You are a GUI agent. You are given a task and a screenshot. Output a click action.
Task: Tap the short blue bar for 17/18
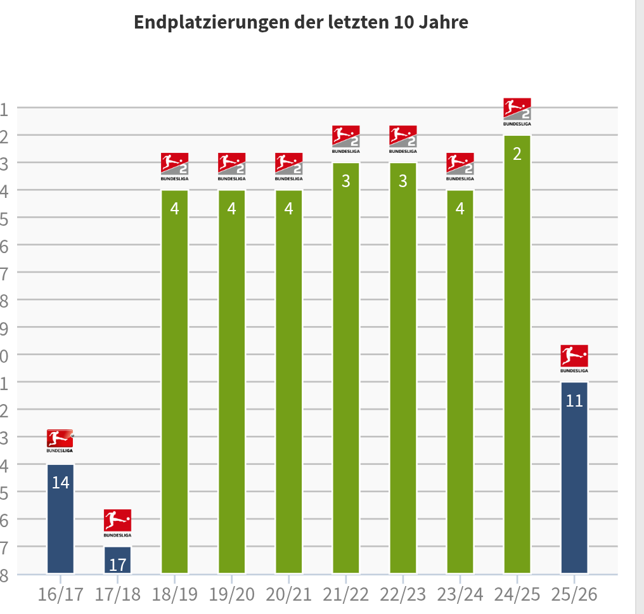click(x=117, y=559)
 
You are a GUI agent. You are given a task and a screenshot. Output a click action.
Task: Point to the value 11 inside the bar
click(x=574, y=401)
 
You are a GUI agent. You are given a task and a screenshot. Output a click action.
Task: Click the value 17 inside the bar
click(x=117, y=564)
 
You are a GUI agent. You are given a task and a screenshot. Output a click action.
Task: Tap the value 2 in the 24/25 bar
click(x=517, y=154)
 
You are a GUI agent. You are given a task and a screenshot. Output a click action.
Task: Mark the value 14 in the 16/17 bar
click(x=60, y=483)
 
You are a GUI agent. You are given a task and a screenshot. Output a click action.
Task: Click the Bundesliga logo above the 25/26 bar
click(x=574, y=358)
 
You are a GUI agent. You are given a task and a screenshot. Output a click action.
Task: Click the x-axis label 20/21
click(x=289, y=595)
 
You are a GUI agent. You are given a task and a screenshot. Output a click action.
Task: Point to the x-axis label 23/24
click(x=460, y=595)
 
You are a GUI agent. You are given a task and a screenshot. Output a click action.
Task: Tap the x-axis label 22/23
click(x=403, y=595)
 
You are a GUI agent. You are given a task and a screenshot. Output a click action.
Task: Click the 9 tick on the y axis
click(x=4, y=327)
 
